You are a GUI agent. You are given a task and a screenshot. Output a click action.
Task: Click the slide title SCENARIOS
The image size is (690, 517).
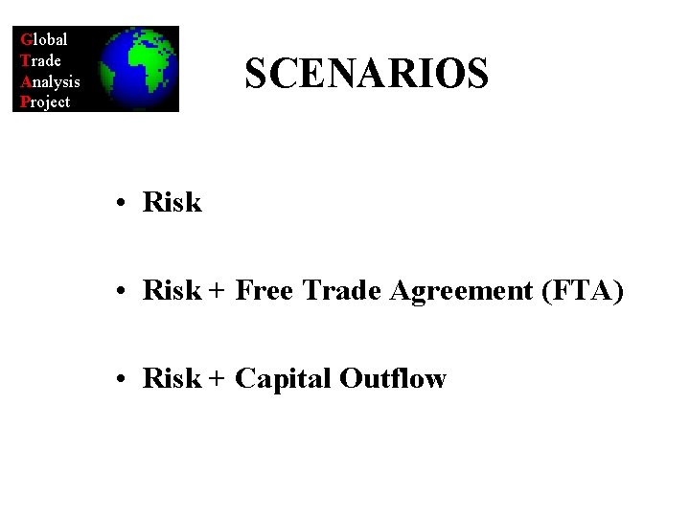point(366,74)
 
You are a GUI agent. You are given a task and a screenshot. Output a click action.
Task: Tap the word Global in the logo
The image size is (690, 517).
point(44,39)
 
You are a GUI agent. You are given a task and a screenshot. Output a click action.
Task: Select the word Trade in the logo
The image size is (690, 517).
point(41,60)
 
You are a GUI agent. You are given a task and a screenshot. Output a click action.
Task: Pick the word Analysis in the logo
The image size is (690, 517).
point(50,81)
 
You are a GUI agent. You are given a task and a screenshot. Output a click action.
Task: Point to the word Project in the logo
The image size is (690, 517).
point(45,101)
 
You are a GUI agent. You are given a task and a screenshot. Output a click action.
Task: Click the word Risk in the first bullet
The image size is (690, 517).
point(172,202)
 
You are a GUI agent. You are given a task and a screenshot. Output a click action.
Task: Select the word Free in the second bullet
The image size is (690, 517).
point(264,290)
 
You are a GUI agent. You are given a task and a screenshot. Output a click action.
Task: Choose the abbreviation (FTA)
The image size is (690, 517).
point(582,290)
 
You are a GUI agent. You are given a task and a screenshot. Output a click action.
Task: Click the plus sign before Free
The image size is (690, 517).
point(217,291)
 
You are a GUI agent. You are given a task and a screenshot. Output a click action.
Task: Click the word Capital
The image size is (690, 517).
point(283,379)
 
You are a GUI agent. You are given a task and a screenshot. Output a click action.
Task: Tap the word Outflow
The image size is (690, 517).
point(393,378)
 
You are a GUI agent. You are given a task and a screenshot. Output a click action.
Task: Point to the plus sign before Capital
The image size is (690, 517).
point(217,379)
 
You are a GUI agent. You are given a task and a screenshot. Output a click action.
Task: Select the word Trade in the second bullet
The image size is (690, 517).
point(342,290)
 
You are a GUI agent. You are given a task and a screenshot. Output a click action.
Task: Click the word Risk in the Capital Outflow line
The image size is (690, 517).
point(172,378)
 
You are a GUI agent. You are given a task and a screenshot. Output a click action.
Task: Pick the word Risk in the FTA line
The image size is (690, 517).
point(172,290)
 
